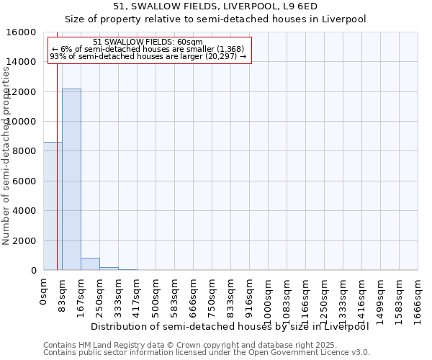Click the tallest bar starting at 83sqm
[x=71, y=179]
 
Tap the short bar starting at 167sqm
[x=90, y=264]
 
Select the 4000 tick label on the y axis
[x=26, y=211]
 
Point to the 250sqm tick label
[x=100, y=299]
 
